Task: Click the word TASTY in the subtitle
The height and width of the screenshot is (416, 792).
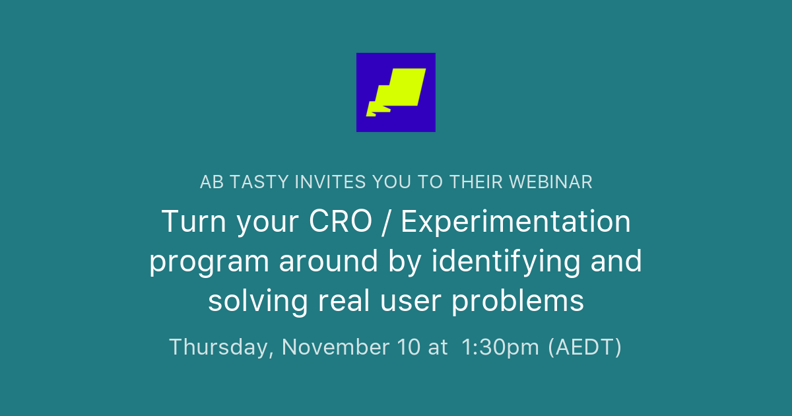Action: (x=259, y=182)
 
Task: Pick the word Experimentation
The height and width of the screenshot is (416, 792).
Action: (x=515, y=222)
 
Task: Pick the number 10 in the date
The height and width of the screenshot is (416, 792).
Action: (x=409, y=347)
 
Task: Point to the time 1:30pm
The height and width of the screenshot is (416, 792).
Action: (x=502, y=347)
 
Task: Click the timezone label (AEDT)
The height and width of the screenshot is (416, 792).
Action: (x=585, y=347)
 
